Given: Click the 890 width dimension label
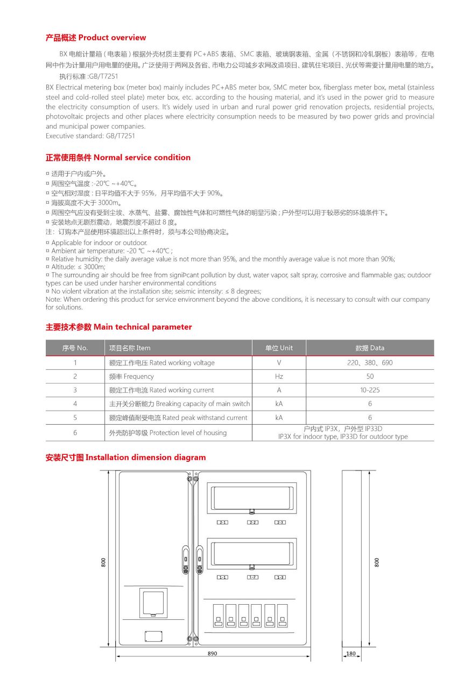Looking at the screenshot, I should coord(212,653).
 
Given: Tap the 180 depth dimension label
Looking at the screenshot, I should coord(351,654).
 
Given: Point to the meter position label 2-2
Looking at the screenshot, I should coord(252,522).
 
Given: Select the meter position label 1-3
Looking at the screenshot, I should coord(280,577).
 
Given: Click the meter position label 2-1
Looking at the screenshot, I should coord(222,522).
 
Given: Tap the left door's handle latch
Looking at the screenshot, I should coord(186,559).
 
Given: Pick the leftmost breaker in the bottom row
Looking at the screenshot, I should coord(218,615).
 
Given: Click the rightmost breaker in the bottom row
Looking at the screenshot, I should coord(282,615).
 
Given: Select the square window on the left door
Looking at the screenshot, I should coord(153,603).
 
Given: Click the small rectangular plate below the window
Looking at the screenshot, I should coord(153,636).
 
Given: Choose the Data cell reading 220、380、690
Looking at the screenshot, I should coord(370,363).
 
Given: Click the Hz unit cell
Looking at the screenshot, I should coord(279,377).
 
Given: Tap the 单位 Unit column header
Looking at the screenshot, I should coord(279,348).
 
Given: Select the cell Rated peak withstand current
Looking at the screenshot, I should coord(178,418).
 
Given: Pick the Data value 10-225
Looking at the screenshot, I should coord(370,390).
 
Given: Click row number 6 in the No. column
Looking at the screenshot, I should coord(75,433).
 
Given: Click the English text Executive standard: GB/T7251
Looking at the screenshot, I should coord(90,136).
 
